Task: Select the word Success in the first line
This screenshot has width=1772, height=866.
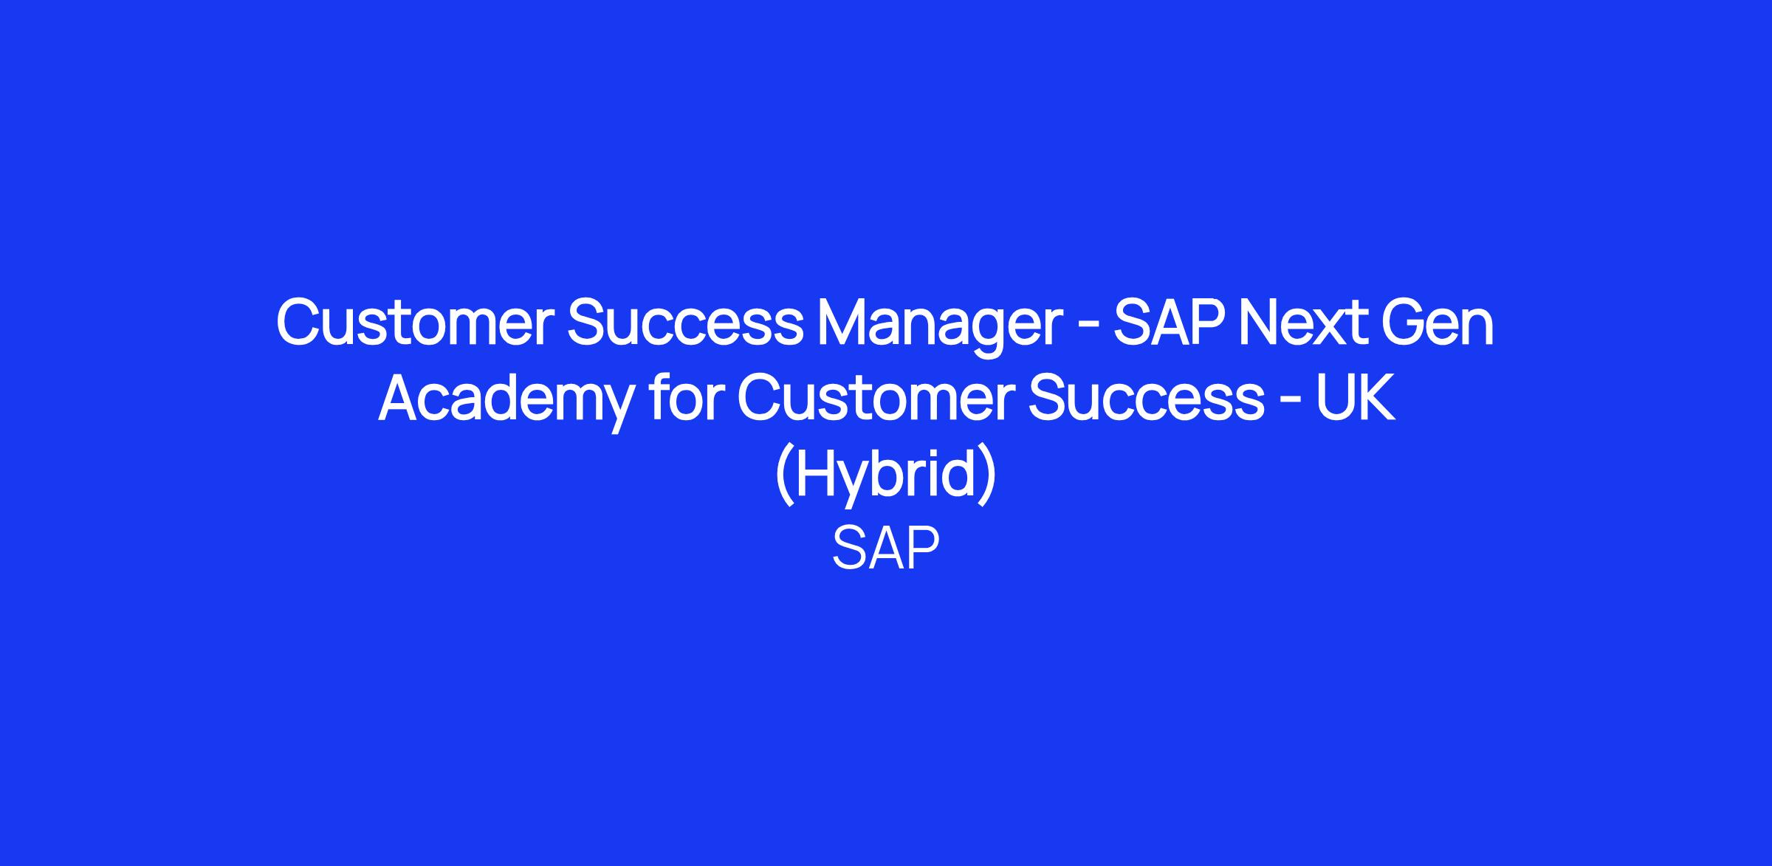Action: click(685, 323)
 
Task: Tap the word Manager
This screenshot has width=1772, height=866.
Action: click(940, 329)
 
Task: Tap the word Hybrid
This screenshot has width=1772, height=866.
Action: click(886, 476)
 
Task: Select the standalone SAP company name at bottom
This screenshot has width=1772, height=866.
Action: click(886, 549)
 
